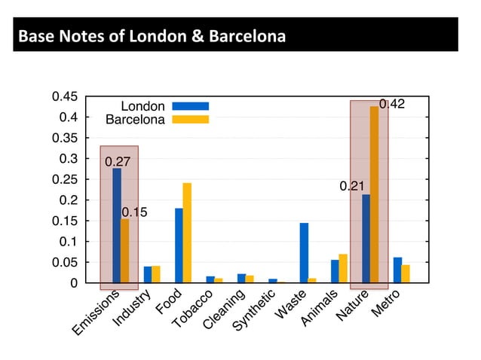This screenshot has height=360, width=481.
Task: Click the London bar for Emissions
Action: pyautogui.click(x=117, y=225)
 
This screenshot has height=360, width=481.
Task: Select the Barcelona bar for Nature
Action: pyautogui.click(x=375, y=195)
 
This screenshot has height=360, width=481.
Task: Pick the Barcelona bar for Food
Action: pyautogui.click(x=187, y=233)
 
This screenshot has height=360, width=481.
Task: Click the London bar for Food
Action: pyautogui.click(x=179, y=246)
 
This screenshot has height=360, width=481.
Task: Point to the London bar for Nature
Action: pyautogui.click(x=366, y=239)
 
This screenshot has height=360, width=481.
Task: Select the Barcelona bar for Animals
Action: pyautogui.click(x=343, y=269)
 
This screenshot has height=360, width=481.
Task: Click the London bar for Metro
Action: pyautogui.click(x=397, y=270)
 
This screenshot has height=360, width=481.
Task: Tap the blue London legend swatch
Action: pyautogui.click(x=190, y=106)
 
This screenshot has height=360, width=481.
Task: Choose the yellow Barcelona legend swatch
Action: pyautogui.click(x=190, y=119)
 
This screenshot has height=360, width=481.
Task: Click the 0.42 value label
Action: pyautogui.click(x=392, y=105)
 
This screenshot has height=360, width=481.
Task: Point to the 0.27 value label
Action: pyautogui.click(x=118, y=161)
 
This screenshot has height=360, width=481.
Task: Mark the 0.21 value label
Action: pyautogui.click(x=352, y=186)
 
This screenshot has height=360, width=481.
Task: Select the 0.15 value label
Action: pyautogui.click(x=135, y=212)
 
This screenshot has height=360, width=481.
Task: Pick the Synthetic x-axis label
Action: pyautogui.click(x=253, y=313)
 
